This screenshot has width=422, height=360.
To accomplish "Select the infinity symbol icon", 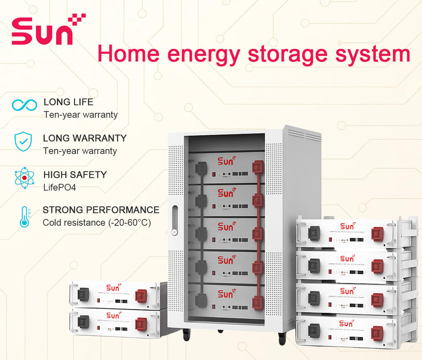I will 24,105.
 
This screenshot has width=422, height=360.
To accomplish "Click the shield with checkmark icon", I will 23,141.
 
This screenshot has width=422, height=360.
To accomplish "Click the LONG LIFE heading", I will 68,102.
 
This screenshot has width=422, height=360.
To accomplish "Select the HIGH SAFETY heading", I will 75,175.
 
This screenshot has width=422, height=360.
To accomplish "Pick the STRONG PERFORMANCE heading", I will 101,210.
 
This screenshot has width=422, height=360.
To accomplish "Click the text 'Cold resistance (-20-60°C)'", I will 96,223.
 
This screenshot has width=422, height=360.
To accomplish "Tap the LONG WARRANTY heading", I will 84,138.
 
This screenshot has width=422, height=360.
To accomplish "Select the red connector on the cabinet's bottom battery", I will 258,302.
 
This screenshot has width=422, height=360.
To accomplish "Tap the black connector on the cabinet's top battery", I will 201,168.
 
